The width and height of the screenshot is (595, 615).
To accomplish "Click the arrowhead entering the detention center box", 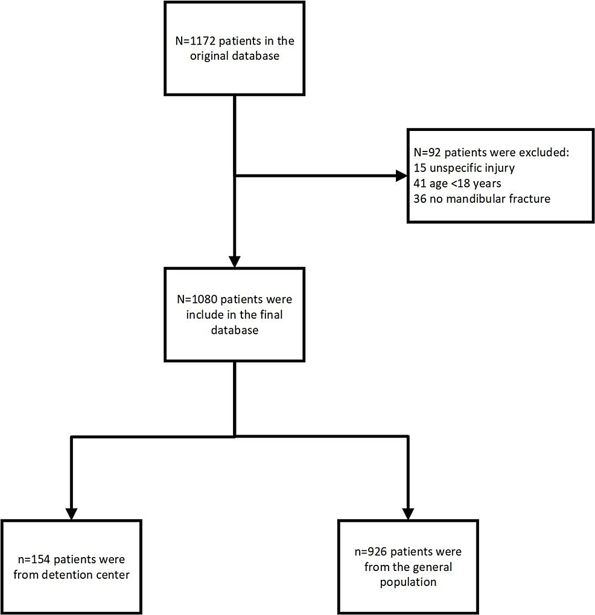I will tap(72, 513).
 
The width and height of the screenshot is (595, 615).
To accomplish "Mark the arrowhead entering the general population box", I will tap(409, 513).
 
